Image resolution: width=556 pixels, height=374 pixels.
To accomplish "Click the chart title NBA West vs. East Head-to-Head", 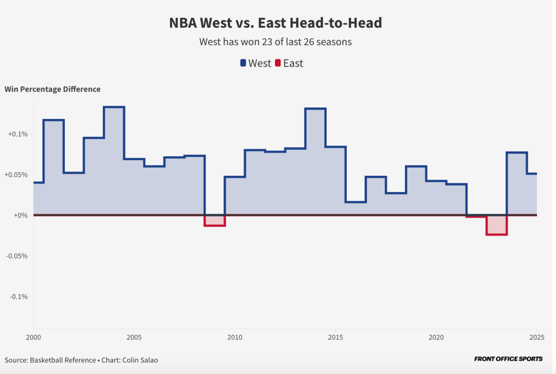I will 276,23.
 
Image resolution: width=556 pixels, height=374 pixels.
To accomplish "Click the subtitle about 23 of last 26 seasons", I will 275,42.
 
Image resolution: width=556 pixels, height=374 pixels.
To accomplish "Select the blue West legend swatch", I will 243,63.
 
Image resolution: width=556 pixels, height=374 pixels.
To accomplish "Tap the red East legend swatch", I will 278,63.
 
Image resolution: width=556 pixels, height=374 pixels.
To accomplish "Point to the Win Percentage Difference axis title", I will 52,89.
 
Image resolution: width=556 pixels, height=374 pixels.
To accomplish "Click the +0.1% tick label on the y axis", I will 18,134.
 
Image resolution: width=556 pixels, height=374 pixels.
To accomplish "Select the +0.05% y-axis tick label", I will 16,175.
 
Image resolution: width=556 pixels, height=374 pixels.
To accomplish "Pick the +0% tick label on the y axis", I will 21,215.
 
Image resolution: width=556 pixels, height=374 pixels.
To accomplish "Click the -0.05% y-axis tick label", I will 17,256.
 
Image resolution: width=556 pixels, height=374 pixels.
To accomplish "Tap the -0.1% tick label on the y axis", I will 18,296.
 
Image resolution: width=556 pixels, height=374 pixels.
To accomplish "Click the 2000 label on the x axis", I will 33,337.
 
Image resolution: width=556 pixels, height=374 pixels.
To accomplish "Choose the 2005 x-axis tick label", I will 134,337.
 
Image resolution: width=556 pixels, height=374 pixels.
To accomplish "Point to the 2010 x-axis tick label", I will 235,337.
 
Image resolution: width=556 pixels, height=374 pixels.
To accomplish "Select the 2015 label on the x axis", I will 335,337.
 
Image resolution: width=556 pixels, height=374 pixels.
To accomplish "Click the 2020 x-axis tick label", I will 436,337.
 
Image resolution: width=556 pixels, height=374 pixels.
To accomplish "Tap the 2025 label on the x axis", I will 536,337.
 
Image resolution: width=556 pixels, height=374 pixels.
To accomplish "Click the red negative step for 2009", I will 215,221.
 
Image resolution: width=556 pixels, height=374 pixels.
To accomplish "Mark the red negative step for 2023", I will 496,225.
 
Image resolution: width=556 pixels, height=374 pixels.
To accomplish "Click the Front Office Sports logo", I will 508,359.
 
